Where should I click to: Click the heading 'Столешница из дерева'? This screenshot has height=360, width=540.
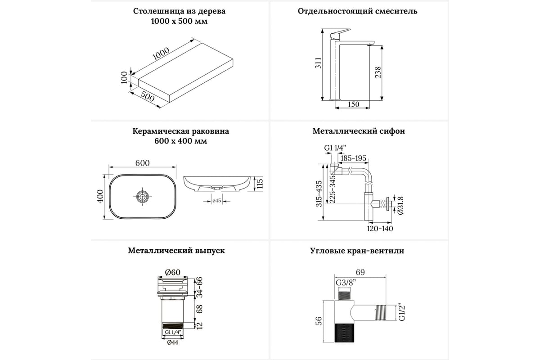point(179,11)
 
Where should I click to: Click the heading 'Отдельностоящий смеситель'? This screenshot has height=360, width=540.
point(357,11)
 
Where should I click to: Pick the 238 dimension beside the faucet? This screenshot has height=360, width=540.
point(378,72)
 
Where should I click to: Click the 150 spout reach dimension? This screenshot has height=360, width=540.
point(354,104)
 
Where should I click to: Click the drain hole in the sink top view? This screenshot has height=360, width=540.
point(143,196)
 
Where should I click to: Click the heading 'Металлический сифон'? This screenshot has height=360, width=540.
point(359,131)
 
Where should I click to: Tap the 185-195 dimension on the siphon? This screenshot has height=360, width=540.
point(354,158)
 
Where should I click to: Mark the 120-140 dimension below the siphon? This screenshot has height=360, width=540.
point(379,229)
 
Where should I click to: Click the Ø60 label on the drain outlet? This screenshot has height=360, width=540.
point(172,272)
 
